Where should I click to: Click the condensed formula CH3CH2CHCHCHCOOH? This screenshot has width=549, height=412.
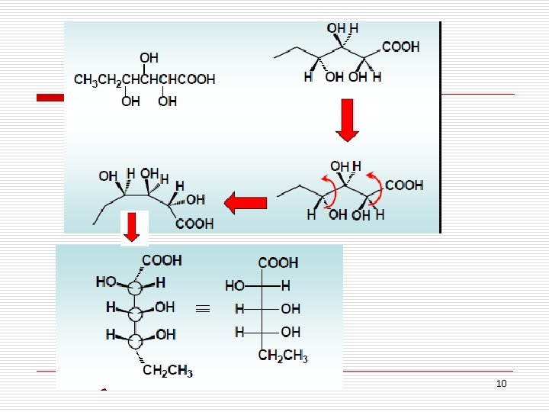(x=144, y=79)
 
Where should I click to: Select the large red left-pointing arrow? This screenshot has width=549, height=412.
(x=245, y=203)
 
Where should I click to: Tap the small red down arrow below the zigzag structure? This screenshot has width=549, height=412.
(x=131, y=227)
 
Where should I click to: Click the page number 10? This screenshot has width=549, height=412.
(x=501, y=383)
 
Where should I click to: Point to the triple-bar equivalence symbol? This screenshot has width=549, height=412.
(x=201, y=309)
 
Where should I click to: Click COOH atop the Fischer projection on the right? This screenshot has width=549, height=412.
(x=278, y=263)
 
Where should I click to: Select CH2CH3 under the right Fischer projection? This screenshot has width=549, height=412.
(x=283, y=356)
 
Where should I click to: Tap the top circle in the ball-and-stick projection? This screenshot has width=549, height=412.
(x=134, y=288)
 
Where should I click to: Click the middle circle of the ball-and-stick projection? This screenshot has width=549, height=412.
(x=135, y=314)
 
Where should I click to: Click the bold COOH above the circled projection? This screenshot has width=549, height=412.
(x=162, y=260)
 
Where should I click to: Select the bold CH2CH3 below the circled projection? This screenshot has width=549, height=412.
(x=168, y=372)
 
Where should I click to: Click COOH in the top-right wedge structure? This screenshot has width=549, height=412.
(x=400, y=47)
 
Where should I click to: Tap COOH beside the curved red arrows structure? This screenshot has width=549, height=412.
(x=404, y=185)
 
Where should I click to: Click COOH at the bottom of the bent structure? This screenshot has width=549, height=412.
(x=194, y=224)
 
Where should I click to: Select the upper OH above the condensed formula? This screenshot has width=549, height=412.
(x=149, y=58)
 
